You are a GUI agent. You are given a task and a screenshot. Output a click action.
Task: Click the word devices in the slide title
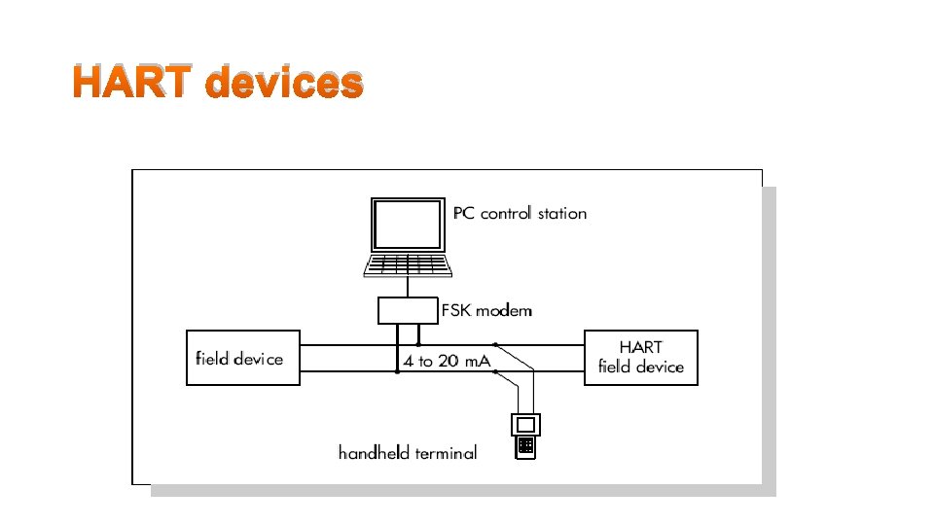[x=284, y=83]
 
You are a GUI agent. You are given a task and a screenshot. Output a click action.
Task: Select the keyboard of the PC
[x=407, y=264]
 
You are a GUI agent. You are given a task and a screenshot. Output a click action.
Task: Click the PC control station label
[x=520, y=213]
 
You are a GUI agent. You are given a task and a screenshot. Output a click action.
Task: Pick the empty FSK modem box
[x=407, y=310]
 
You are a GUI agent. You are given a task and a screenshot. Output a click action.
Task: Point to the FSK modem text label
[x=486, y=311]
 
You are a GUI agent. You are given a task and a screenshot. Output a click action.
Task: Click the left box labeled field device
[x=242, y=358]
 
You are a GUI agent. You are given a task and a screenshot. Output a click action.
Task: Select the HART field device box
[x=640, y=358]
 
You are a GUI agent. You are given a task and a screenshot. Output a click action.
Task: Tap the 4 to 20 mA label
[x=447, y=361]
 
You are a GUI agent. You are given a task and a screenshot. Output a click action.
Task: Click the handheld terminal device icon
[x=525, y=436]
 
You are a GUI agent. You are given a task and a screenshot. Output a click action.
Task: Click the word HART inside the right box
[x=640, y=347]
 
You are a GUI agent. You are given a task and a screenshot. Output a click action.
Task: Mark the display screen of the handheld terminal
[x=525, y=425]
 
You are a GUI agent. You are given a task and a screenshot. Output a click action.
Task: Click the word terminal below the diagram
[x=444, y=452]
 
